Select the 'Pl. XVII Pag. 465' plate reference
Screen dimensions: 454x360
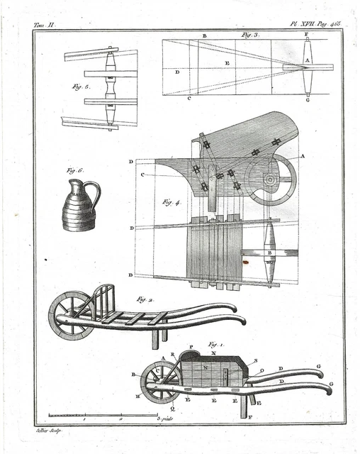[315, 23]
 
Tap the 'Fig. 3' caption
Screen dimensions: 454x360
[250, 35]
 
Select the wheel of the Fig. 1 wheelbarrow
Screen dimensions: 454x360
[159, 382]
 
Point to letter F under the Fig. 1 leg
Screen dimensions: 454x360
[250, 418]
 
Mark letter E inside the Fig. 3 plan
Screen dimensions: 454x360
[227, 63]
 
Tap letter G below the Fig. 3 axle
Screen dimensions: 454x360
[307, 100]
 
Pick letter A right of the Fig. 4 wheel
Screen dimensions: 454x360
[303, 155]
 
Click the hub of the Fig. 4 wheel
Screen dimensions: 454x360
[271, 179]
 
